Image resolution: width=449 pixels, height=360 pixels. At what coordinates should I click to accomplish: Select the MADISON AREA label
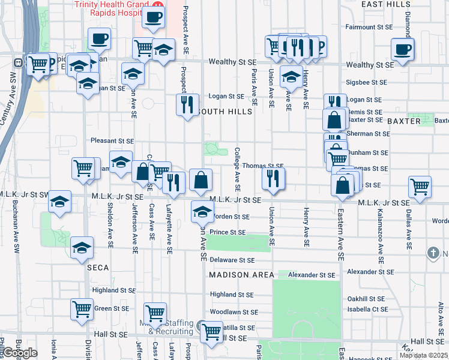coord(237,274)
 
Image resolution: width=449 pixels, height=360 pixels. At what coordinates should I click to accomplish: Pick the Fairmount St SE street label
coord(369,27)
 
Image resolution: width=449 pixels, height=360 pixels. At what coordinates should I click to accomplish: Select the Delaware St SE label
coord(232,260)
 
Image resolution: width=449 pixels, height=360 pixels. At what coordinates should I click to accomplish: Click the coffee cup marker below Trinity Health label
coord(154,17)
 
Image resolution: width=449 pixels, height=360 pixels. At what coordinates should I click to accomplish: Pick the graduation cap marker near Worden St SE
coord(202,212)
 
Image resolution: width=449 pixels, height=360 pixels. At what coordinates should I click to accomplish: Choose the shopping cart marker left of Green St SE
coord(82,310)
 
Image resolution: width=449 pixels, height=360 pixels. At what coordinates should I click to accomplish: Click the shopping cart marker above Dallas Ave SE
coord(420,187)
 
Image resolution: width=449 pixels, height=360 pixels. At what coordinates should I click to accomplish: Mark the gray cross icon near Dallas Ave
coord(433,253)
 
